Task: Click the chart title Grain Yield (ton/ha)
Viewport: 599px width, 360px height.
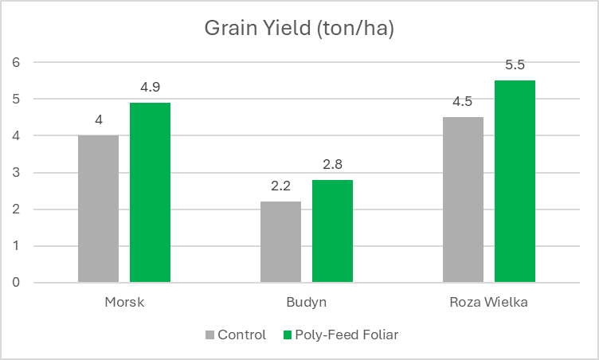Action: click(x=299, y=29)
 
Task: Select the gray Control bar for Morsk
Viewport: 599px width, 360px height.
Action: click(x=98, y=209)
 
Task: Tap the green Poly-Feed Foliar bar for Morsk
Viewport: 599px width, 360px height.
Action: click(x=151, y=192)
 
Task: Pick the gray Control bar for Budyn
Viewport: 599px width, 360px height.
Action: click(x=280, y=242)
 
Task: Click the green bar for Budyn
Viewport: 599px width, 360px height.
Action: click(x=332, y=231)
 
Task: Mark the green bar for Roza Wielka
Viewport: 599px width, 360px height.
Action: click(x=515, y=181)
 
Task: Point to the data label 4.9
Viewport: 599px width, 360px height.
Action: click(x=151, y=87)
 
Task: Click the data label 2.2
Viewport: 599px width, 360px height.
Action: click(x=280, y=186)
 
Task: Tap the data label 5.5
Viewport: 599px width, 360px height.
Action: click(x=515, y=65)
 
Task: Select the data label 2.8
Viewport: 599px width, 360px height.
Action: click(x=332, y=164)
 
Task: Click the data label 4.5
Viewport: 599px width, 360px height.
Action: click(x=463, y=102)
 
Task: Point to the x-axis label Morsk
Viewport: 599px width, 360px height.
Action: click(x=124, y=303)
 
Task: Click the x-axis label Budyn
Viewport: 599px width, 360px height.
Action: click(x=307, y=303)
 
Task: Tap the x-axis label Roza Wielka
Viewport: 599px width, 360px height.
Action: click(x=488, y=303)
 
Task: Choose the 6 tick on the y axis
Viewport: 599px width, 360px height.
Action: click(x=16, y=62)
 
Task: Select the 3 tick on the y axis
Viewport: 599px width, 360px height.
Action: click(x=16, y=173)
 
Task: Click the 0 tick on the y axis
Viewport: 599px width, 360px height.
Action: click(x=16, y=283)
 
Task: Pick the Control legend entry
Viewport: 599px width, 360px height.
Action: click(x=236, y=335)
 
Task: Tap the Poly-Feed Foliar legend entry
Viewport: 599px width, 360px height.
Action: click(x=339, y=335)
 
